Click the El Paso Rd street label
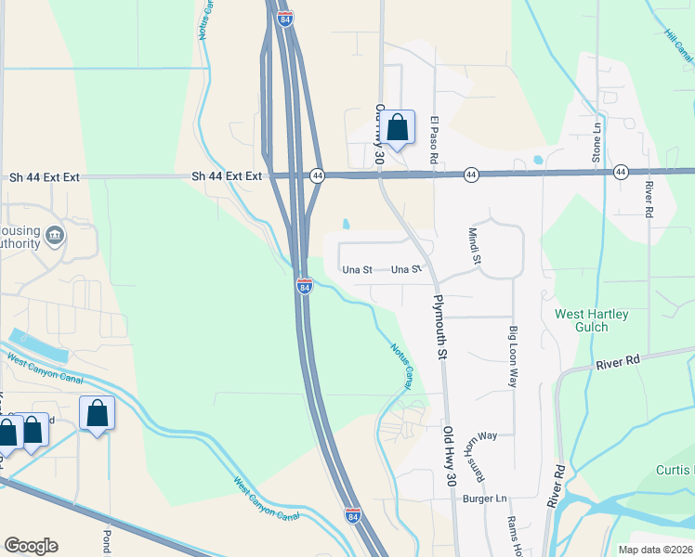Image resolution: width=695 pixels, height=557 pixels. [x=434, y=140]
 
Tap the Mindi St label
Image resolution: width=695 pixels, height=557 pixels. [x=474, y=246]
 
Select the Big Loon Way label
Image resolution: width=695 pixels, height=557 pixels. [x=512, y=356]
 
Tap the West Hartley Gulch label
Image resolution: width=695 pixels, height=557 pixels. [x=592, y=320]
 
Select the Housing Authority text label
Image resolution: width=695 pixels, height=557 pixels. [x=20, y=237]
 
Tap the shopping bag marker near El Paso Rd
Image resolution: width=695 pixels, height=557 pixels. [x=397, y=127]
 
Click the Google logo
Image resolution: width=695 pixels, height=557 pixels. [x=31, y=546]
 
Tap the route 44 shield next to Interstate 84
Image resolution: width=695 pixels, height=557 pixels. [x=317, y=175]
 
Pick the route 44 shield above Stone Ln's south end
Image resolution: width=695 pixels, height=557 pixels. [x=620, y=173]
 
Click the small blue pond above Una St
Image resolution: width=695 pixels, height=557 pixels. [x=347, y=224]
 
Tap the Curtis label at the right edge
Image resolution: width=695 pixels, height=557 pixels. [x=676, y=470]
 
